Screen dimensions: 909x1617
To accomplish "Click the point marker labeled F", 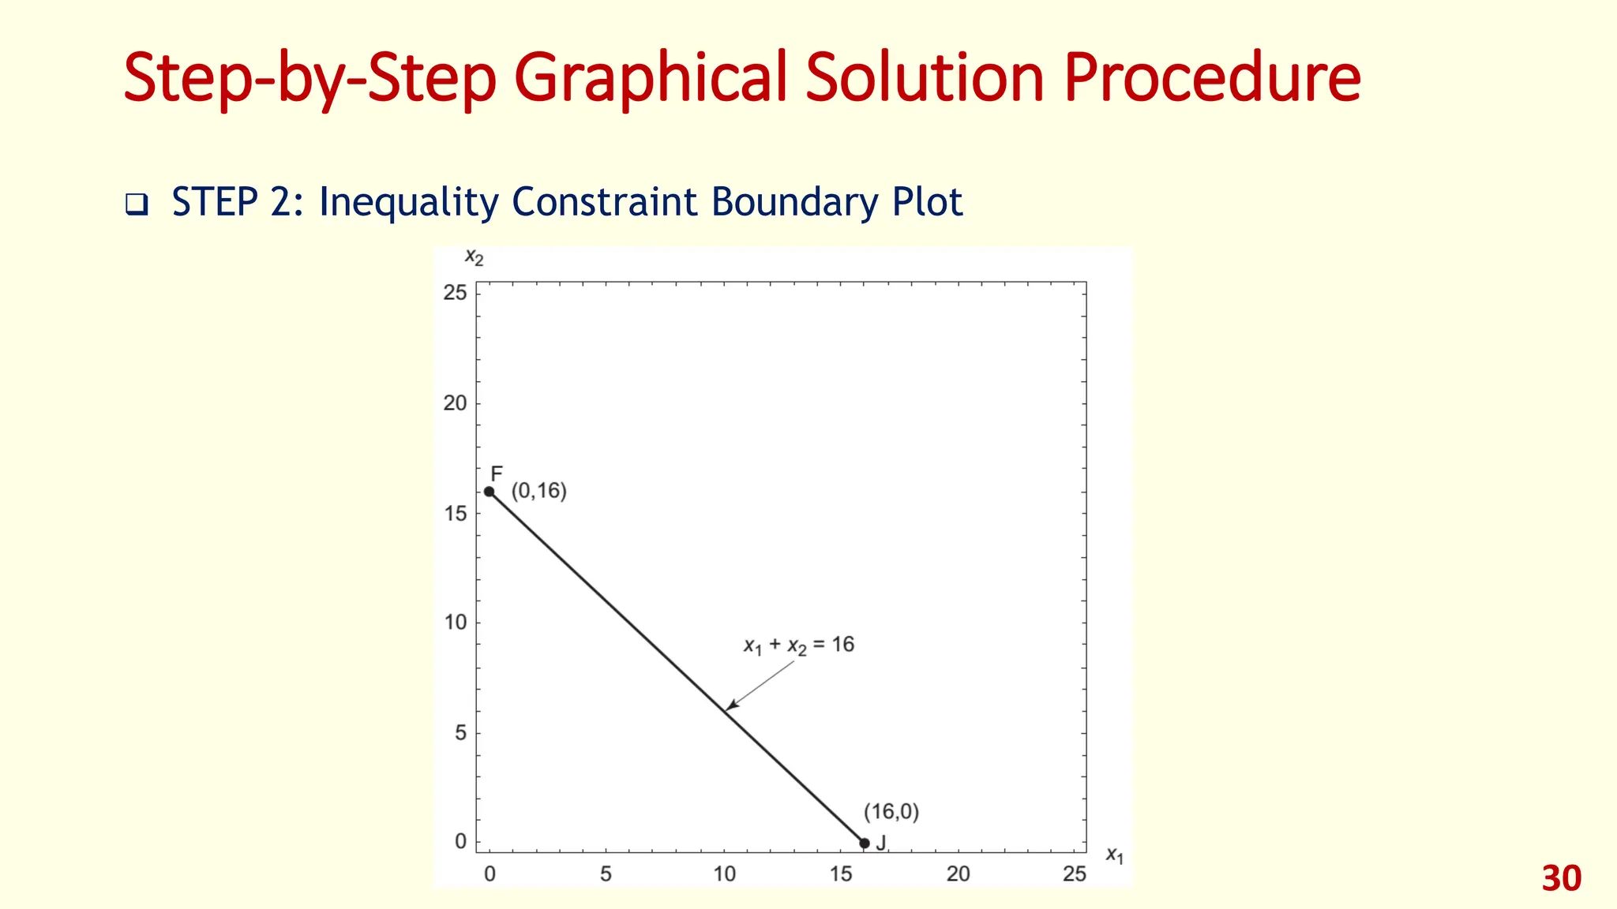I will click(490, 492).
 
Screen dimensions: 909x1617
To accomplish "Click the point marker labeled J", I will click(865, 844).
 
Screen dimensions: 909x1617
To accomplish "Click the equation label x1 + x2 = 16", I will click(799, 645).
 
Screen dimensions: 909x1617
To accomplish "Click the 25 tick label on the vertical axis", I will click(456, 293).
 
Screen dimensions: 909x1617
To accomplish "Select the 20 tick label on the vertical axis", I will click(456, 403).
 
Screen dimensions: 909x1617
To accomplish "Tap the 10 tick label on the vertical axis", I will click(456, 623).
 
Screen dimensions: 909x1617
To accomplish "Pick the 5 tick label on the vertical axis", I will click(461, 733).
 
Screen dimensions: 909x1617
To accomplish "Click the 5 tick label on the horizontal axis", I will click(606, 874).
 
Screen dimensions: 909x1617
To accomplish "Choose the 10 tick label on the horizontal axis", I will click(724, 874).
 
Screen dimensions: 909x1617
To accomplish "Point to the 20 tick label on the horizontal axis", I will click(958, 874).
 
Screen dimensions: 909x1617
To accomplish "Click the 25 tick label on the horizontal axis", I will click(1075, 874).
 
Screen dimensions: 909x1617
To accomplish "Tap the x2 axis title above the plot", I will click(474, 257).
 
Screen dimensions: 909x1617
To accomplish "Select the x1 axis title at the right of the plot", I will click(1114, 855).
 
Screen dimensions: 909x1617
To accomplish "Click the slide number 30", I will click(1561, 879).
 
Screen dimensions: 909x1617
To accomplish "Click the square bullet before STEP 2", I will click(137, 205).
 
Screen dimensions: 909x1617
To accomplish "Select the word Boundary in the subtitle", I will click(793, 202).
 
